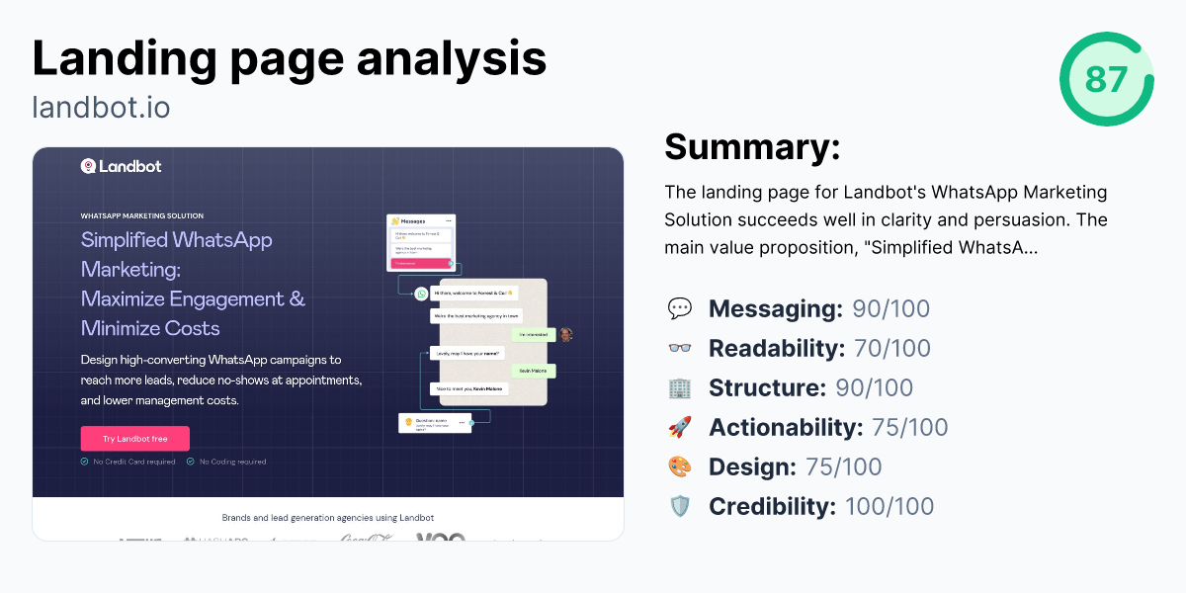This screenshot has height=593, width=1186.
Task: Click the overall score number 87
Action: click(1106, 79)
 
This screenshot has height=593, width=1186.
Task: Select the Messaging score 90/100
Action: click(890, 308)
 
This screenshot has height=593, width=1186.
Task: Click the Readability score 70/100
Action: click(891, 348)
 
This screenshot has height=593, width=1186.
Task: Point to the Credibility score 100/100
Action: click(889, 506)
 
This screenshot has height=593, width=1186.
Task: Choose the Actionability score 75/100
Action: click(909, 427)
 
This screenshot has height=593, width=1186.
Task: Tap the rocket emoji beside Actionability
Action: click(680, 427)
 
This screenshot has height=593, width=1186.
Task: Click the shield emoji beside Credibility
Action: click(680, 506)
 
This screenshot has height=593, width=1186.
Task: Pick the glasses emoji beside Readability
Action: click(680, 348)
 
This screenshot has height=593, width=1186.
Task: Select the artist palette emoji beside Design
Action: click(680, 466)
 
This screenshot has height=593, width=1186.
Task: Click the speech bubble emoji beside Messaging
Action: click(680, 308)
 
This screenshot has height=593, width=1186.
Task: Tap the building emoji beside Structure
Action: click(680, 387)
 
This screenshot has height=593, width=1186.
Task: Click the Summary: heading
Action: click(752, 147)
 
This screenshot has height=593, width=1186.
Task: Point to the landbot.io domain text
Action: click(101, 106)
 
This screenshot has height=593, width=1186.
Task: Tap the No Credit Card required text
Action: click(134, 462)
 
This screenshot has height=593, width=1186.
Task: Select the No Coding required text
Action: click(232, 462)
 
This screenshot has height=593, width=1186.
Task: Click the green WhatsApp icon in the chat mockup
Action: click(421, 293)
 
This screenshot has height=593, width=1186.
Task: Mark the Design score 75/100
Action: click(844, 466)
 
